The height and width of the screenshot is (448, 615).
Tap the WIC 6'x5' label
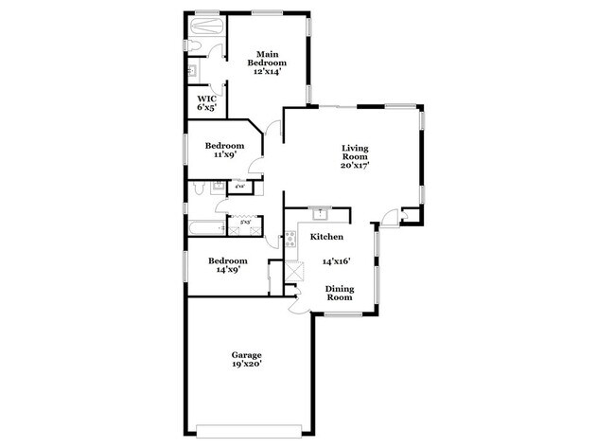click(x=205, y=102)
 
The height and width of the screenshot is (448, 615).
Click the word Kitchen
click(x=324, y=236)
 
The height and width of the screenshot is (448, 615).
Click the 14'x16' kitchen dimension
click(x=338, y=261)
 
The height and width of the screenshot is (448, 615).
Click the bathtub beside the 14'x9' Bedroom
click(x=202, y=228)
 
